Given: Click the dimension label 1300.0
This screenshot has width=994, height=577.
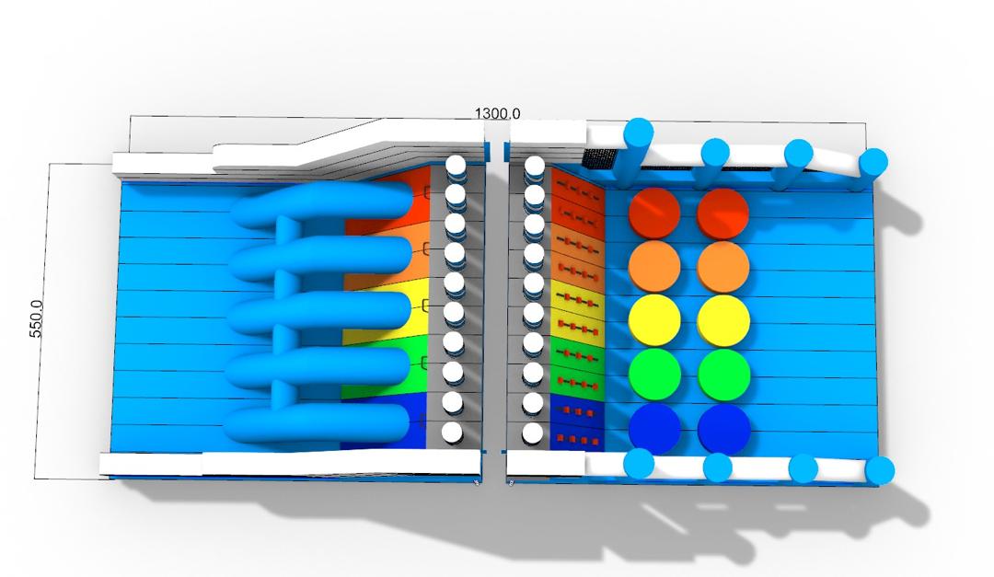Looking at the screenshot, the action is pyautogui.click(x=498, y=113).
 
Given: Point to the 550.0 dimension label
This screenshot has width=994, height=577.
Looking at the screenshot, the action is pyautogui.click(x=37, y=318).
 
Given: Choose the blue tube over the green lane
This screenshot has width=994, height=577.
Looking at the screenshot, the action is pyautogui.click(x=318, y=368).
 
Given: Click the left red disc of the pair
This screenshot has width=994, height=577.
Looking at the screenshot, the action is pyautogui.click(x=654, y=213).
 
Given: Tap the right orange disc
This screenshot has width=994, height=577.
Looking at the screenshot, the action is pyautogui.click(x=723, y=267).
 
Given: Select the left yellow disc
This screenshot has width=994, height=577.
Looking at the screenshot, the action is pyautogui.click(x=654, y=321).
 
